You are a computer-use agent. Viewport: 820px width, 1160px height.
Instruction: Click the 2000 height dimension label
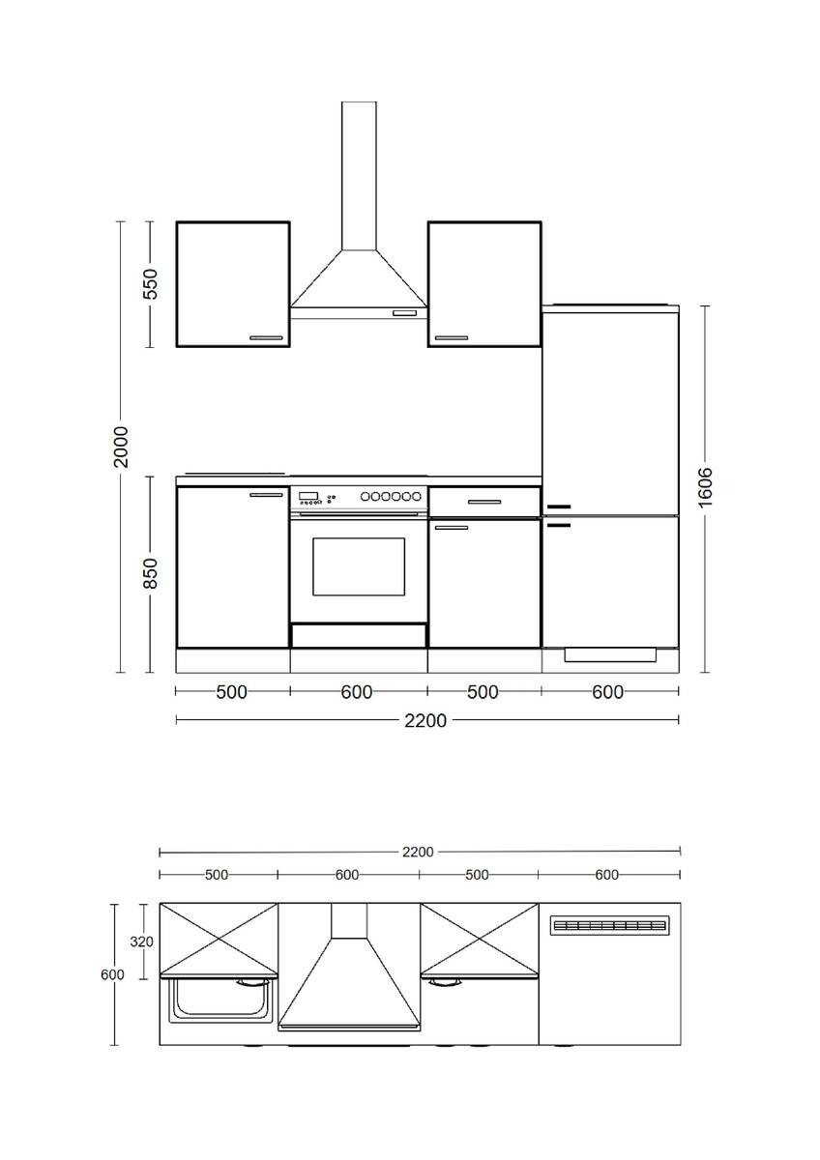[x=120, y=446]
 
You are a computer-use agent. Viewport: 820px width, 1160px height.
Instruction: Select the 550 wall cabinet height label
[x=150, y=284]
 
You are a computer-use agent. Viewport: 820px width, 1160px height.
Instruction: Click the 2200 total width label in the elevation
[x=425, y=720]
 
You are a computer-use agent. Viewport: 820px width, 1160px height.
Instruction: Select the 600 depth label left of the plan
[x=112, y=974]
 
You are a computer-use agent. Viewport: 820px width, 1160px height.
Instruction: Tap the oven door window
[x=359, y=566]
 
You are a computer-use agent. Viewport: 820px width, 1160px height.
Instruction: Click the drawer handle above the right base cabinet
[x=483, y=502]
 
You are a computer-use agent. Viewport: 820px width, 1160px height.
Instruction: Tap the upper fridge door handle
[x=559, y=507]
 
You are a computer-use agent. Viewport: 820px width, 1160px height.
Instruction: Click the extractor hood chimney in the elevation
[x=359, y=174]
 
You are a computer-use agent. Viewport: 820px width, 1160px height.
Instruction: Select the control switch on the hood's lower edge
[x=406, y=313]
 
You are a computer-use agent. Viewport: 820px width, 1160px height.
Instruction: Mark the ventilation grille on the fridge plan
[x=609, y=926]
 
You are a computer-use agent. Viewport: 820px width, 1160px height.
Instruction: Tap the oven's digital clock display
[x=308, y=496]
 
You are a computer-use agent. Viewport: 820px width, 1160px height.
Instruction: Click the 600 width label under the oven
[x=358, y=691]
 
